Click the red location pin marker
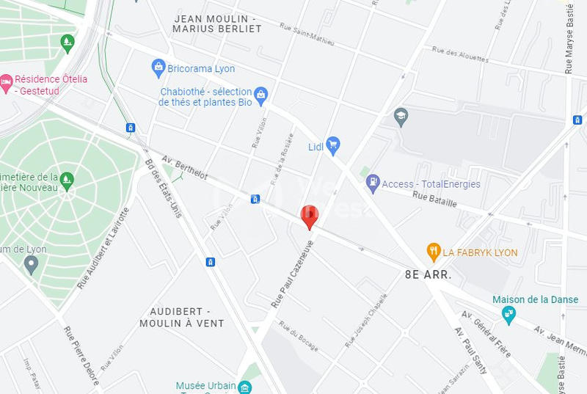[310, 216]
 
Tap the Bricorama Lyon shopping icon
[158, 68]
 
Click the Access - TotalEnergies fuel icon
[373, 183]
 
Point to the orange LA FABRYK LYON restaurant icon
[434, 252]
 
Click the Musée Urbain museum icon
[247, 387]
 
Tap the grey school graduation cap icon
[401, 117]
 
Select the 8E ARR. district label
[427, 274]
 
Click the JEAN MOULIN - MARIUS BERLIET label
[216, 23]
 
